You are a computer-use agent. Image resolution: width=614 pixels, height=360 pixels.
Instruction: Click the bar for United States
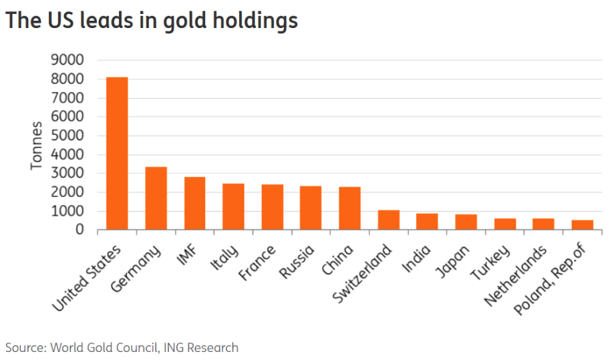pyautogui.click(x=117, y=154)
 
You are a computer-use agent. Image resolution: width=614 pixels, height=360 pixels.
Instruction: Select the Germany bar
pyautogui.click(x=156, y=198)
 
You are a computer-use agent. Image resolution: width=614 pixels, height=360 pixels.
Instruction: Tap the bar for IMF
pyautogui.click(x=194, y=204)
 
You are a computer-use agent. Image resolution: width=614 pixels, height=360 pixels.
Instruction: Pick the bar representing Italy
pyautogui.click(x=233, y=207)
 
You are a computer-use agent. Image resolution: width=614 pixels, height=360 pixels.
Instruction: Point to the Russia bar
pyautogui.click(x=311, y=208)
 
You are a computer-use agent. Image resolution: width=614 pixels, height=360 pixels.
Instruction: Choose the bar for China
pyautogui.click(x=349, y=208)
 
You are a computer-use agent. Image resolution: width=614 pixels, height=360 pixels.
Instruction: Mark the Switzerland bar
pyautogui.click(x=388, y=220)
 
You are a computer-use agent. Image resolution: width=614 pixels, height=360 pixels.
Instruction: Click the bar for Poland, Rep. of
pyautogui.click(x=582, y=225)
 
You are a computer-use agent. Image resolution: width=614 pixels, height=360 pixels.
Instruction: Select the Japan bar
pyautogui.click(x=466, y=222)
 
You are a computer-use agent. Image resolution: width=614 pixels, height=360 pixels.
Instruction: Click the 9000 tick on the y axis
pyautogui.click(x=67, y=60)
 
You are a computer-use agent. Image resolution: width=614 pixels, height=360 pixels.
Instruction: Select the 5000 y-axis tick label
pyautogui.click(x=67, y=136)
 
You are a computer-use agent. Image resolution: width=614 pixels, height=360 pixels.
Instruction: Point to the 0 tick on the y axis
pyautogui.click(x=80, y=230)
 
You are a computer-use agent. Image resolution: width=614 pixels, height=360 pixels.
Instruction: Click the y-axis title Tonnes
pyautogui.click(x=36, y=145)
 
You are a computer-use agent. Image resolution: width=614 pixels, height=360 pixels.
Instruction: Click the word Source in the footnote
pyautogui.click(x=23, y=348)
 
